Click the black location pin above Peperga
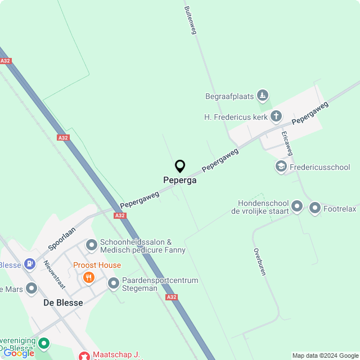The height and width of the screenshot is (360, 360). [x=180, y=166]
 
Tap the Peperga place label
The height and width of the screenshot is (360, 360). [x=180, y=181]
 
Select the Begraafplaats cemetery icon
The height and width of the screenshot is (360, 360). [x=262, y=96]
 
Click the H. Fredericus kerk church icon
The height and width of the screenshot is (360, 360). [x=276, y=116]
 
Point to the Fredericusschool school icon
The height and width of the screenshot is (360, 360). [x=281, y=166]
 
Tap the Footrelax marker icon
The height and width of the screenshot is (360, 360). [x=314, y=209]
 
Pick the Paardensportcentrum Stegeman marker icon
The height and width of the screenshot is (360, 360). [x=114, y=283]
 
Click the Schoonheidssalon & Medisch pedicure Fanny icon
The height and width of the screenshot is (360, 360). [x=91, y=245]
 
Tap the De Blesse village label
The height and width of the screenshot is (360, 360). [x=63, y=303]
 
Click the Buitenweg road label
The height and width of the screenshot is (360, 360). [x=190, y=20]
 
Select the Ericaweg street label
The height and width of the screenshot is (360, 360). [x=287, y=143]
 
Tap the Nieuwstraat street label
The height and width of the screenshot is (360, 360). [x=55, y=274]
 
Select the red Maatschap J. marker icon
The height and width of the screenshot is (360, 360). [x=84, y=355]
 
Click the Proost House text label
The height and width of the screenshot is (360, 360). [x=97, y=265]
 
